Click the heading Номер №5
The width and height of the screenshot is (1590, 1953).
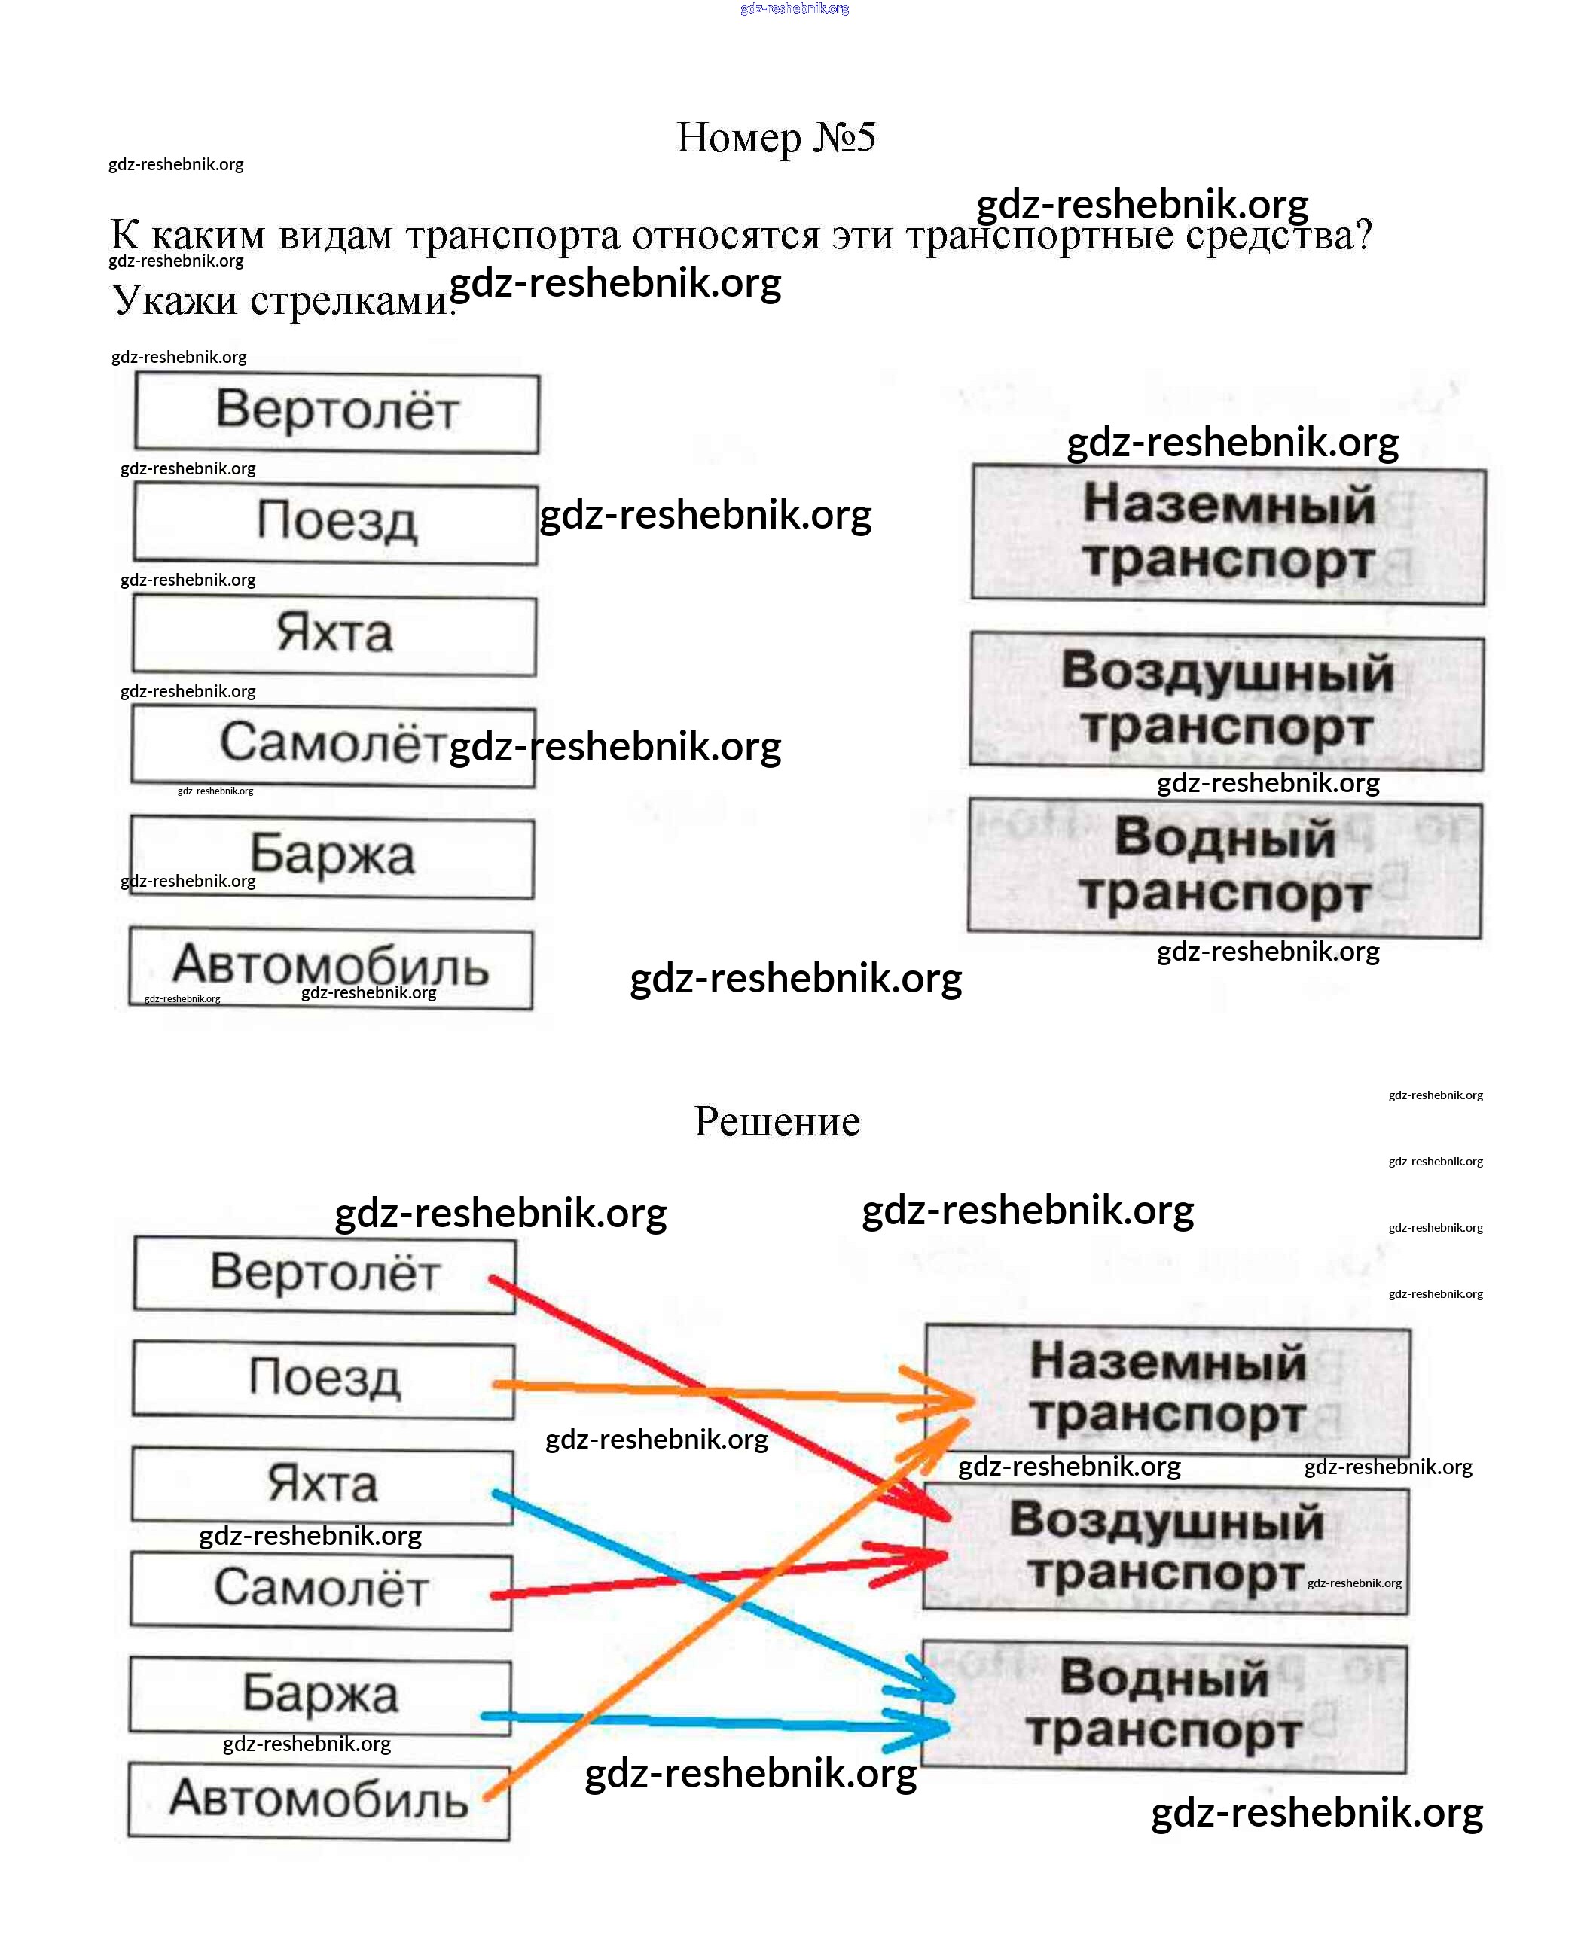[776, 137]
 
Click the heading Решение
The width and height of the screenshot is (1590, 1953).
[777, 1121]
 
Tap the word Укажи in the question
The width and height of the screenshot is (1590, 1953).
[174, 300]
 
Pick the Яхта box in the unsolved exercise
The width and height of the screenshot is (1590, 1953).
[334, 635]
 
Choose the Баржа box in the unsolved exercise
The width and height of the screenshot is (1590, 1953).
[331, 858]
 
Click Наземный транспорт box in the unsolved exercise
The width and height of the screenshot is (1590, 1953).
[1228, 534]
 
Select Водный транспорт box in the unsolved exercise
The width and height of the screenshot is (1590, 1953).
[1225, 867]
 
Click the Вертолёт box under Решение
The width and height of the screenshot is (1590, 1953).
[324, 1274]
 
